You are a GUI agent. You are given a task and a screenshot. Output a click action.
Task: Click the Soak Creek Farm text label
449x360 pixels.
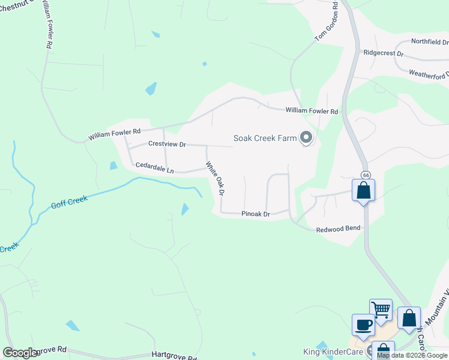(265, 139)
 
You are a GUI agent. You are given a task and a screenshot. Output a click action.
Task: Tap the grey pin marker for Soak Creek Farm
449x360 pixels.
(306, 139)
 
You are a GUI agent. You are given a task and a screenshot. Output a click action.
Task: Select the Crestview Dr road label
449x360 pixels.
(167, 145)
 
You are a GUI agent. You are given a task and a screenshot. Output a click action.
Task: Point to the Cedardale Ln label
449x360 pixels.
(154, 167)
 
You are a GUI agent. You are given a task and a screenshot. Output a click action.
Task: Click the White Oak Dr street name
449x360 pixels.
(215, 179)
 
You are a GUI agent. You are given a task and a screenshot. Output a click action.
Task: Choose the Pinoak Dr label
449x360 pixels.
(256, 214)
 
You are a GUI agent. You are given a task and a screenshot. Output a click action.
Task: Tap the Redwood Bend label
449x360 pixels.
(338, 229)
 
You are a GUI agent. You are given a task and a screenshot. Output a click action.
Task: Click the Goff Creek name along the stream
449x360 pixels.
(69, 202)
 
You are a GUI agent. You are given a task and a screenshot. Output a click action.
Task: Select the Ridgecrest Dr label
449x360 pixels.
(384, 53)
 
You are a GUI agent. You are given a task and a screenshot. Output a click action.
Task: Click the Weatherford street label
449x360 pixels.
(428, 74)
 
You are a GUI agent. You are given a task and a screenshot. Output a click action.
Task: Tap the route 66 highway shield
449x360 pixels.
(365, 175)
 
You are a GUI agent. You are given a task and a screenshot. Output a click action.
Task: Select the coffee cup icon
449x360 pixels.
(363, 325)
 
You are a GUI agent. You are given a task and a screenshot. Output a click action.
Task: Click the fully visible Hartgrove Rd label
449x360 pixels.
(174, 356)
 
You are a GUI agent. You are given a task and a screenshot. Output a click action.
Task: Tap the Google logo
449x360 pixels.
(20, 353)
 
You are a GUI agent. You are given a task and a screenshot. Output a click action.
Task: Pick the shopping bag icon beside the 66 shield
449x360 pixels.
(364, 190)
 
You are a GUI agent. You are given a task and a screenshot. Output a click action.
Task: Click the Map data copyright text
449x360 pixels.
(412, 356)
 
